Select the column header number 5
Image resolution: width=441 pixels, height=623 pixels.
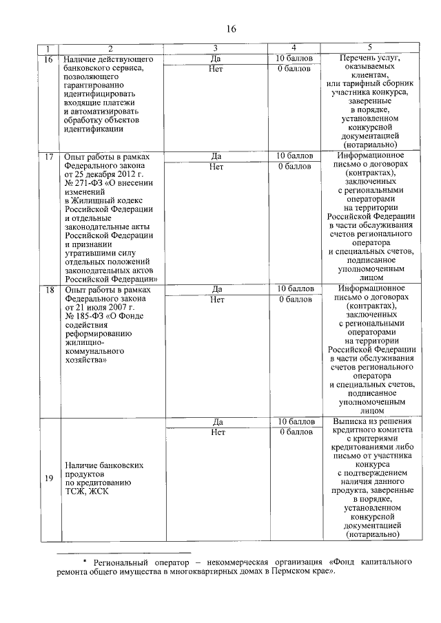371,47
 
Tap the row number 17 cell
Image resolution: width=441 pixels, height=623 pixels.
48,157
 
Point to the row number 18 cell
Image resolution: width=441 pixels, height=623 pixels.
48,290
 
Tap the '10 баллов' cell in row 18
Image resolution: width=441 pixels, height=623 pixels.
296,289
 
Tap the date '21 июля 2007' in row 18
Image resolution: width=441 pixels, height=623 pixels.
101,308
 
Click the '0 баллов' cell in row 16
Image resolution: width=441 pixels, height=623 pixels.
296,69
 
